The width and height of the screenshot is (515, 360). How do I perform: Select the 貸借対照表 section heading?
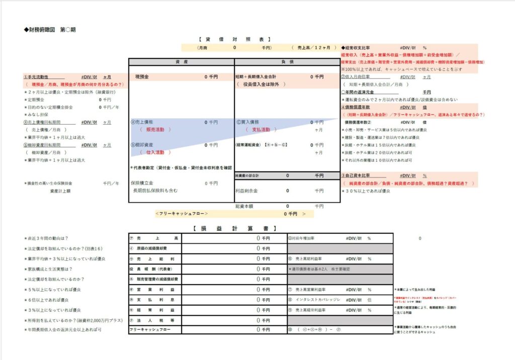point(234,39)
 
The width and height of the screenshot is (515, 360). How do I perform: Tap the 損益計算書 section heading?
point(234,228)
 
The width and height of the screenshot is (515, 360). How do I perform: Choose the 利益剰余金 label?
point(247,191)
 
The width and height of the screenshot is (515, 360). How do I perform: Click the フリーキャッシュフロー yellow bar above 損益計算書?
point(234,214)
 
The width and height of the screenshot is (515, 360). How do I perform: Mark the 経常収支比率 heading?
point(359,47)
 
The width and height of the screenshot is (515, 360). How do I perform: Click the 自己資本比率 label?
point(358,175)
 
